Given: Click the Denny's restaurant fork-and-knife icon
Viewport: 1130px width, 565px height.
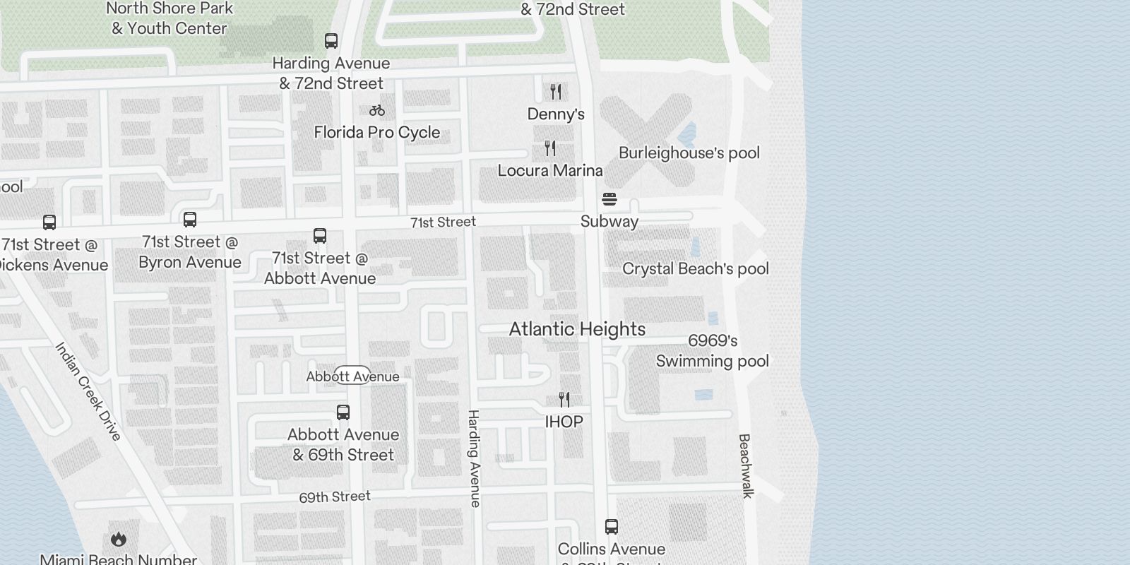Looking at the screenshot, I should tap(556, 92).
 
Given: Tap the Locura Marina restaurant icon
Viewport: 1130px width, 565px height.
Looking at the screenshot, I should tap(550, 148).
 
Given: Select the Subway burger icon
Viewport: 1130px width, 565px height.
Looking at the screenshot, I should tap(609, 199).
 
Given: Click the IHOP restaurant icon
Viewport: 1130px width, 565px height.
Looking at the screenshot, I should tap(564, 400).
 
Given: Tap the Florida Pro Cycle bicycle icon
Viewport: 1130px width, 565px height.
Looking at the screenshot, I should tap(377, 110).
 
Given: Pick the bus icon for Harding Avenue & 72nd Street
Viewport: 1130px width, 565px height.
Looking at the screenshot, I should tap(331, 41).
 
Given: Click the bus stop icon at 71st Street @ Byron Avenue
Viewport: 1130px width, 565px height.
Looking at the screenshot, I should tap(190, 220).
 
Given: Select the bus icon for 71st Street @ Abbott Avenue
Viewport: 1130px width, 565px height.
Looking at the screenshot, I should tap(320, 236).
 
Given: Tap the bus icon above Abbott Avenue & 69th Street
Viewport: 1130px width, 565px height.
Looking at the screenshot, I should tap(343, 412).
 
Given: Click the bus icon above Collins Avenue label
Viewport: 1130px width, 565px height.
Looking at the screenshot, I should tap(612, 527).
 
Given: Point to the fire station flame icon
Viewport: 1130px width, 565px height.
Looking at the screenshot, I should tap(119, 540).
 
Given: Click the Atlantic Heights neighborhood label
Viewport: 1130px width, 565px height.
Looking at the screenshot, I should tap(577, 329).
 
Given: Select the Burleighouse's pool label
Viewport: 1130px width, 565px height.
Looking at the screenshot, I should tap(689, 153).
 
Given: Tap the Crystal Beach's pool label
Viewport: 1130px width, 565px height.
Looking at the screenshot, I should tap(695, 269).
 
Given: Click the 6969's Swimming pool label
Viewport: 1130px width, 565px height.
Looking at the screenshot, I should tap(712, 351).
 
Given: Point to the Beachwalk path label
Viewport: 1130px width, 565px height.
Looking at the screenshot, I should tap(745, 466).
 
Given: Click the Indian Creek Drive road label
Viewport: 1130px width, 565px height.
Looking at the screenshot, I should tap(89, 391).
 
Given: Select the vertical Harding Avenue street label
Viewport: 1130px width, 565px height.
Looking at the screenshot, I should tap(474, 458).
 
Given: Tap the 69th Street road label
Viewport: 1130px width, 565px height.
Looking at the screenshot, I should tap(335, 496).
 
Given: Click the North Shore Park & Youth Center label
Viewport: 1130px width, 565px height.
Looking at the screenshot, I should tap(169, 18).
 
